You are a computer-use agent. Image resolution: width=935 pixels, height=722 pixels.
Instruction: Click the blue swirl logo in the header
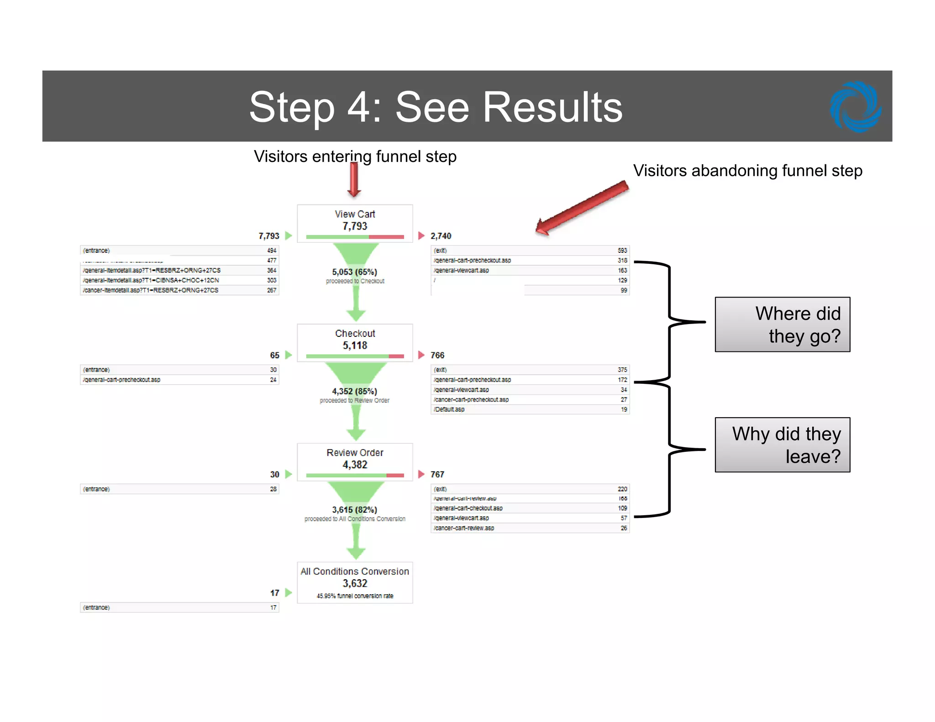(x=855, y=107)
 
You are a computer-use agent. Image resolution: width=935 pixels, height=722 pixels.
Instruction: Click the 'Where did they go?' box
(x=782, y=324)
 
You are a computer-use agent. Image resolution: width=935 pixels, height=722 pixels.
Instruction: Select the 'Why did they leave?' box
(x=782, y=445)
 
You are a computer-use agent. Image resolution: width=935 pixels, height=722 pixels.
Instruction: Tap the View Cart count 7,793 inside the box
(x=355, y=226)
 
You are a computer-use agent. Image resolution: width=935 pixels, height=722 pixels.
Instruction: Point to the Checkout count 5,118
(x=355, y=345)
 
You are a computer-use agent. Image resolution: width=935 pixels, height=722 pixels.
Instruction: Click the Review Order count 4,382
(x=355, y=465)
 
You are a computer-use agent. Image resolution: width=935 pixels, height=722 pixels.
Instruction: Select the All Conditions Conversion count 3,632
(x=355, y=583)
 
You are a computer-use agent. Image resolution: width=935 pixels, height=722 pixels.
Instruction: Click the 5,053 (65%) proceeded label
(x=355, y=272)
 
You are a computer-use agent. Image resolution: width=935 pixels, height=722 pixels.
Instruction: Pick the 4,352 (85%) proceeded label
(x=355, y=392)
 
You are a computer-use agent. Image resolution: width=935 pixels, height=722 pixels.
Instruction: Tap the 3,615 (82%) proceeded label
(x=355, y=510)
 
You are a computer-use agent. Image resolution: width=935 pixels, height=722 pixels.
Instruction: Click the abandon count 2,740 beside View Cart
(x=441, y=236)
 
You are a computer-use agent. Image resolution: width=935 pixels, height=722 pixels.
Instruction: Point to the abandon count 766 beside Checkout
(x=437, y=355)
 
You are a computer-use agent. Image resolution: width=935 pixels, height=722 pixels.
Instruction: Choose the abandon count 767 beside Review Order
(x=437, y=475)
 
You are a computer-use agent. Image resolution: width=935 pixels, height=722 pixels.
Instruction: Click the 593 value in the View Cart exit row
(x=622, y=251)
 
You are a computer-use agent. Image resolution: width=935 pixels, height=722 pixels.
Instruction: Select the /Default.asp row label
(x=449, y=409)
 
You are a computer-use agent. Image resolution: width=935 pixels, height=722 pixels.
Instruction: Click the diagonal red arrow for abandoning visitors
(x=582, y=208)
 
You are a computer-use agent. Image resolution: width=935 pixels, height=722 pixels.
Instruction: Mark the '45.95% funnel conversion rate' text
(x=355, y=596)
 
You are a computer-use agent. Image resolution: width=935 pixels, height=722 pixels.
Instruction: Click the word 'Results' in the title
(x=552, y=107)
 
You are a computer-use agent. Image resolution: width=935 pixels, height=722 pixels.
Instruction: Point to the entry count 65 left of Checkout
(x=274, y=355)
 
